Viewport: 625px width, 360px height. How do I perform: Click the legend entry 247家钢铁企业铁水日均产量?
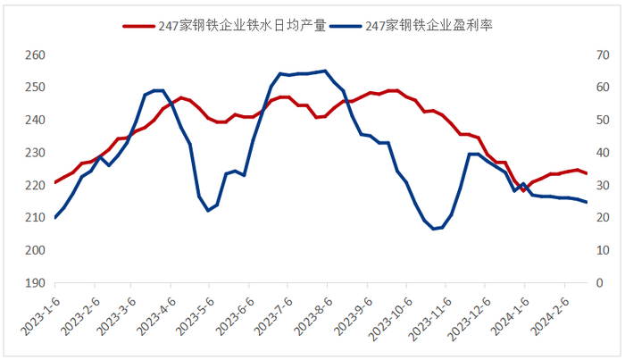(x=223, y=27)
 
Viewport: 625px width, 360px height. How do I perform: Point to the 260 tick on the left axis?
(x=34, y=55)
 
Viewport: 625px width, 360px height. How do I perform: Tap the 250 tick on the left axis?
(x=34, y=88)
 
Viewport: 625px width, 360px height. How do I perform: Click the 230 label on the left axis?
(x=34, y=153)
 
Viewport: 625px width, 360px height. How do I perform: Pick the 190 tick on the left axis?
(x=34, y=283)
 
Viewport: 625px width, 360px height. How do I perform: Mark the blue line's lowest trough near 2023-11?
(x=433, y=229)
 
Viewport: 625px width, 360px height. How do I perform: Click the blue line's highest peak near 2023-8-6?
(x=325, y=71)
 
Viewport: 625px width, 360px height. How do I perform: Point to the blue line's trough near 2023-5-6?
(x=208, y=210)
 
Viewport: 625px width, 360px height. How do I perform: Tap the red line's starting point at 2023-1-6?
(x=54, y=182)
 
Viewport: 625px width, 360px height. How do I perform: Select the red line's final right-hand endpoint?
(x=587, y=173)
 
